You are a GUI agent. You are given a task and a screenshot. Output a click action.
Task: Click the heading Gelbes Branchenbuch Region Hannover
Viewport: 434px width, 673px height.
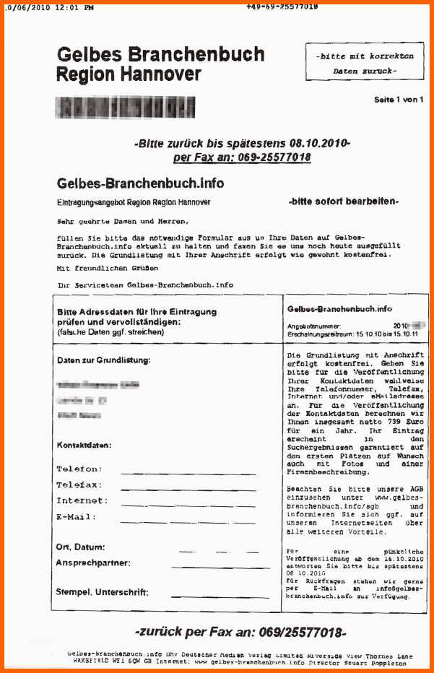tap(160, 64)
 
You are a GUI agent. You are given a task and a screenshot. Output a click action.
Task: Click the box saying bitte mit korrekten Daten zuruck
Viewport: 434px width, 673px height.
tap(365, 63)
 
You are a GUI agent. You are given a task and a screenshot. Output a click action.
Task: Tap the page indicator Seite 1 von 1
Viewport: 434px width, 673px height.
tap(399, 99)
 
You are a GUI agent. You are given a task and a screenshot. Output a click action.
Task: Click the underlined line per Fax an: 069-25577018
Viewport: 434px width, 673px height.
tap(242, 157)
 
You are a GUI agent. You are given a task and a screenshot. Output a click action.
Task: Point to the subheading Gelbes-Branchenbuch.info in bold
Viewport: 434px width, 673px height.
tap(140, 183)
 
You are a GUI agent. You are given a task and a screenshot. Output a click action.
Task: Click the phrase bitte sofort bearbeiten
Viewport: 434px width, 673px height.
tap(343, 201)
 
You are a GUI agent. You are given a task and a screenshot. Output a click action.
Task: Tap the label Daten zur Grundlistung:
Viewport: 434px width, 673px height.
tap(103, 360)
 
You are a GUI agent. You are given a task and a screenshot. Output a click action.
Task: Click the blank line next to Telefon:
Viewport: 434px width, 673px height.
tap(178, 473)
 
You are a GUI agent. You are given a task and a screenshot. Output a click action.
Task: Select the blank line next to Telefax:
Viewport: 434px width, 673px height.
tap(178, 489)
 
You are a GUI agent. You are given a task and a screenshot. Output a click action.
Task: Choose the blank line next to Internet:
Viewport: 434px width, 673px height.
tap(178, 505)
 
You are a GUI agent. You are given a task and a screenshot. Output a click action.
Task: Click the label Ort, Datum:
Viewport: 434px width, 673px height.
tap(80, 547)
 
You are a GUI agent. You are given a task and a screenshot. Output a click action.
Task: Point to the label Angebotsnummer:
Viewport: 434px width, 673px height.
tap(314, 326)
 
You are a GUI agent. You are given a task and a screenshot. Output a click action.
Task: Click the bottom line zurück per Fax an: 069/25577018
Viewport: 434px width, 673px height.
tap(240, 633)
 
